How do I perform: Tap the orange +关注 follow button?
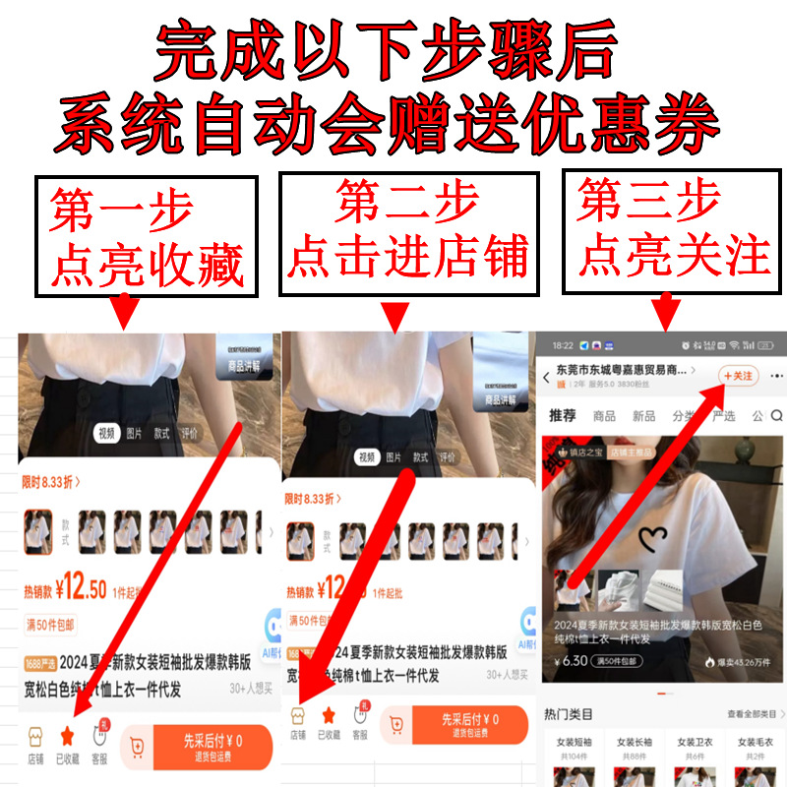738,376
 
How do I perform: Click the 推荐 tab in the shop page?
563,416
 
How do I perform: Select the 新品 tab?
644,416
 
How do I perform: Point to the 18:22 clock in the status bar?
563,346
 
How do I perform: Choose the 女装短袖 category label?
575,742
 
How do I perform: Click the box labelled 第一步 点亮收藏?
146,236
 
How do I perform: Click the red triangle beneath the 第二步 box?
394,315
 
